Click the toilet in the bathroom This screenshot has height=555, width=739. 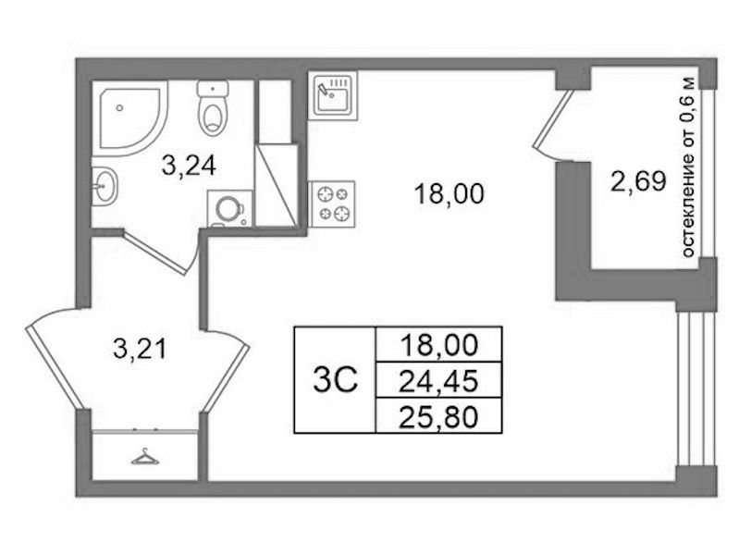pyautogui.click(x=213, y=108)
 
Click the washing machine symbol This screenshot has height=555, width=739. pyautogui.click(x=230, y=208)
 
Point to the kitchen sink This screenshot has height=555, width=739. pyautogui.click(x=333, y=95)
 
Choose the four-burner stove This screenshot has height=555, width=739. pyautogui.click(x=332, y=203)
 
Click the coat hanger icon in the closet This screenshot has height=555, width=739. pyautogui.click(x=145, y=456)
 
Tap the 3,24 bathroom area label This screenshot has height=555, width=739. pyautogui.click(x=189, y=166)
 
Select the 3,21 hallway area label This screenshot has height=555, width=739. pyautogui.click(x=140, y=350)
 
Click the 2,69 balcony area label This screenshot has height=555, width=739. pyautogui.click(x=638, y=181)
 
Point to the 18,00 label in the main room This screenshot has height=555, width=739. pyautogui.click(x=450, y=194)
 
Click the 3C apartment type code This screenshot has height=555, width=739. pyautogui.click(x=336, y=380)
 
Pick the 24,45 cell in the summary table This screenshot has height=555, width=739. pyautogui.click(x=438, y=380)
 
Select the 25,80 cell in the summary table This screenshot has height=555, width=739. pyautogui.click(x=438, y=415)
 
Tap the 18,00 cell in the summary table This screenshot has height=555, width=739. pyautogui.click(x=438, y=345)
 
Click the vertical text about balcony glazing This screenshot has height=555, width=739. pyautogui.click(x=688, y=166)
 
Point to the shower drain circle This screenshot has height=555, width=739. pyautogui.click(x=119, y=108)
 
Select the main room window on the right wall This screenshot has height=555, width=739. pyautogui.click(x=696, y=389)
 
